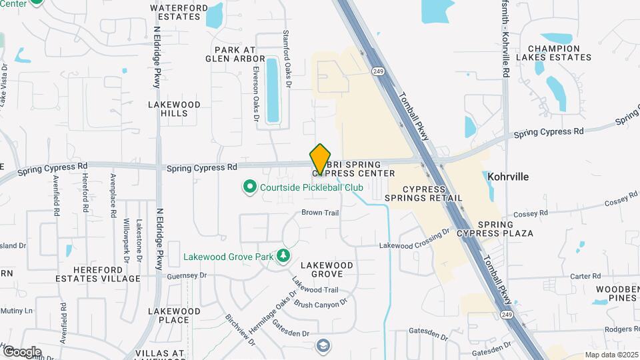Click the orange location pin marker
point(321,159)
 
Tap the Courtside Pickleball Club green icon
point(250,187)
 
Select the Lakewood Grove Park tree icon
point(284,255)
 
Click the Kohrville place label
point(508,177)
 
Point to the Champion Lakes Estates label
point(559,53)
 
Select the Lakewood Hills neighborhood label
point(174,109)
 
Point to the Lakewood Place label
point(173,315)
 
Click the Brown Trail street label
point(321,213)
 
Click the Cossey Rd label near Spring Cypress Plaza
point(529,213)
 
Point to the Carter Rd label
point(586,276)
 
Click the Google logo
point(22,351)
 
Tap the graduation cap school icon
point(323,345)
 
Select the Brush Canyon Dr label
point(321,303)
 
